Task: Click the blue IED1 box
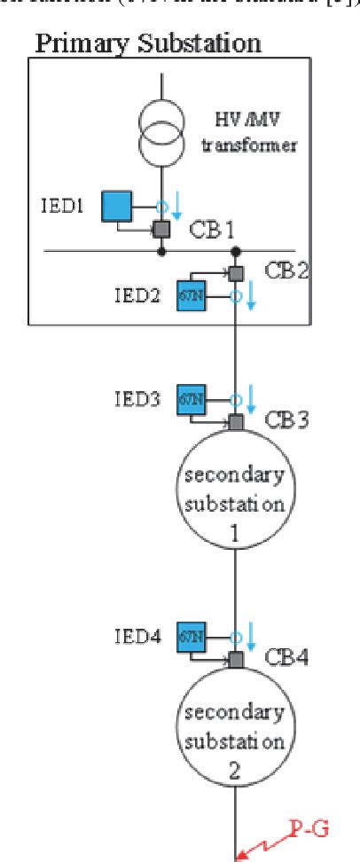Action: pos(116,208)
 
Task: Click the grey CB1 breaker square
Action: pos(160,230)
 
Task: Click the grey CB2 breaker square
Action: pos(235,273)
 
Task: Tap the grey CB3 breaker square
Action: pos(235,420)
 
